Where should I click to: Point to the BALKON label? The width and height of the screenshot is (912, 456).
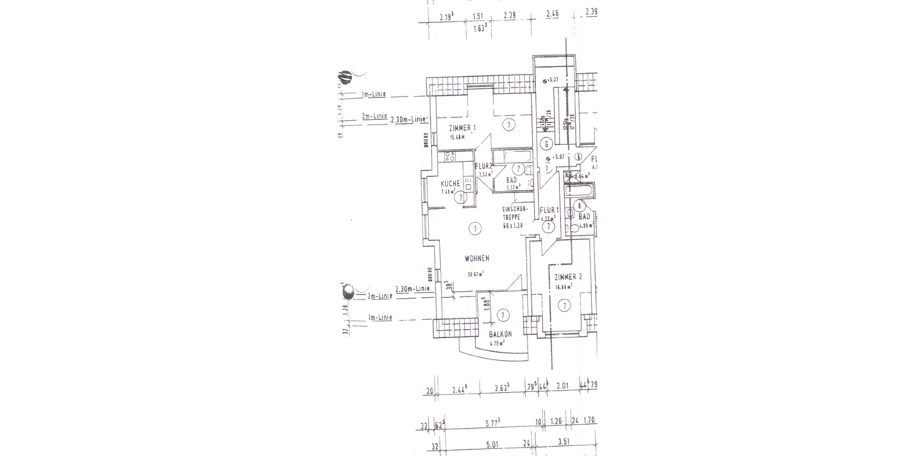[x=499, y=334]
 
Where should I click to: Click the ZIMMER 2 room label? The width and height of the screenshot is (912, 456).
[x=568, y=278]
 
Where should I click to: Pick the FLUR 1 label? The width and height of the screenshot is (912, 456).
[x=549, y=210]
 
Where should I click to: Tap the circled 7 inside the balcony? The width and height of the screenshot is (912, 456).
[x=502, y=315]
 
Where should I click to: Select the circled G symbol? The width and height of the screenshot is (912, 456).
[x=546, y=143]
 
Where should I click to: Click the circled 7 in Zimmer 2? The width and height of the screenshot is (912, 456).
[x=564, y=306]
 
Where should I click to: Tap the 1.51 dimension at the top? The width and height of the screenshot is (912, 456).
[x=479, y=14]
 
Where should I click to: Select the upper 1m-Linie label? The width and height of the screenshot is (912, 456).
[x=374, y=95]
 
